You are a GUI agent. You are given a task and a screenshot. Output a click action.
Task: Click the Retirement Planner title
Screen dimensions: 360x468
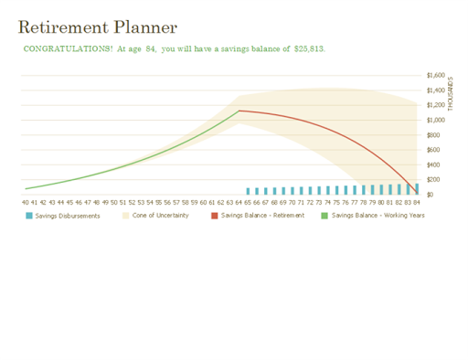click(97, 28)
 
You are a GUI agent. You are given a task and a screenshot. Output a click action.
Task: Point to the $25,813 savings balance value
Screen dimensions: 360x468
click(309, 49)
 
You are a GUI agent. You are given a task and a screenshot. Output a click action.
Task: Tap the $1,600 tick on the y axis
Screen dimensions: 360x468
click(435, 76)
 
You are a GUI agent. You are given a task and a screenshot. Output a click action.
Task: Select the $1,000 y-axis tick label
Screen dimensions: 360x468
click(435, 120)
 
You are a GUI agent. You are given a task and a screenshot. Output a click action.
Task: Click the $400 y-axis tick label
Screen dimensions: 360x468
click(434, 164)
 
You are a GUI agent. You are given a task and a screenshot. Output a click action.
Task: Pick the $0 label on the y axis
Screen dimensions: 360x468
click(431, 194)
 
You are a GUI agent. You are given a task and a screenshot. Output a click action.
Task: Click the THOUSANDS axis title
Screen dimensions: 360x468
click(451, 91)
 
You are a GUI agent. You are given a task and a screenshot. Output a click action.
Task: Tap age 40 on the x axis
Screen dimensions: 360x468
click(25, 202)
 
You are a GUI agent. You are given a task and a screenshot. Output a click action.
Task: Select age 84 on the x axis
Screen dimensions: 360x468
click(417, 202)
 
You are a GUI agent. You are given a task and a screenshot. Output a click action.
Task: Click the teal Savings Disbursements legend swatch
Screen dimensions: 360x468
click(28, 216)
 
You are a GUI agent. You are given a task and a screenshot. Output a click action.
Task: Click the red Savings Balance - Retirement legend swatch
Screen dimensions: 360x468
click(215, 216)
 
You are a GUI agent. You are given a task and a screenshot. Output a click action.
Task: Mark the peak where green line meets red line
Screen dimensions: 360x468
click(239, 111)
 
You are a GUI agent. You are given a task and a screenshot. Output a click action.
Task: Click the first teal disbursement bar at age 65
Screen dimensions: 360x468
click(248, 191)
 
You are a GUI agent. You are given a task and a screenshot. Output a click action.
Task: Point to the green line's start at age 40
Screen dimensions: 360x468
click(26, 188)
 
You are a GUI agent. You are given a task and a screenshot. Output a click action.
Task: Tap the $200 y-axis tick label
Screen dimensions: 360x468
click(434, 179)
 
